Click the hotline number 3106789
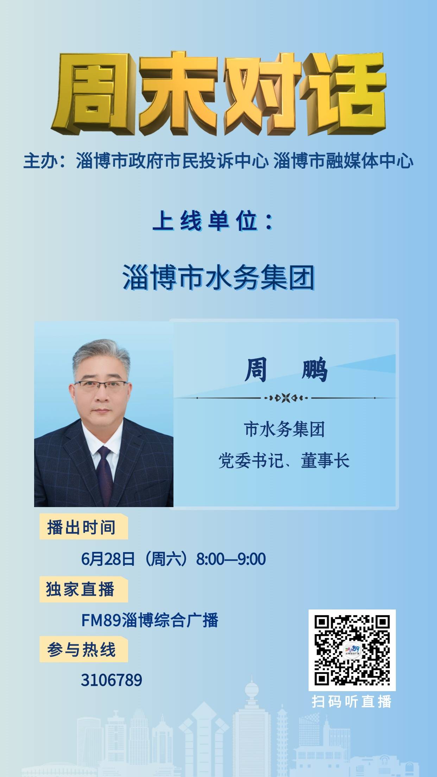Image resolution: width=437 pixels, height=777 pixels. tap(112, 680)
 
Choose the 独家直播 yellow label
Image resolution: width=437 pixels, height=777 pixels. tap(83, 589)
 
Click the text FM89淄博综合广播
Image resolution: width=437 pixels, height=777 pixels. tap(150, 620)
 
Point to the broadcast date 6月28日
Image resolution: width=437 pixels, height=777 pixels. tap(108, 559)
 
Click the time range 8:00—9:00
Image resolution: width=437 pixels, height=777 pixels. tap(231, 559)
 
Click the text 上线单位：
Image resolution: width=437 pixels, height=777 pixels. tap(213, 222)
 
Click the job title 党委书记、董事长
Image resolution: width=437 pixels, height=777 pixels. tap(284, 461)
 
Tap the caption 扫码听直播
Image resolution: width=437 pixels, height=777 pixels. tap(352, 702)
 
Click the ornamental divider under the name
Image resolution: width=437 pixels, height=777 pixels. tap(286, 398)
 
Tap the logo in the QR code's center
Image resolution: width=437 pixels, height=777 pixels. tap(352, 650)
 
